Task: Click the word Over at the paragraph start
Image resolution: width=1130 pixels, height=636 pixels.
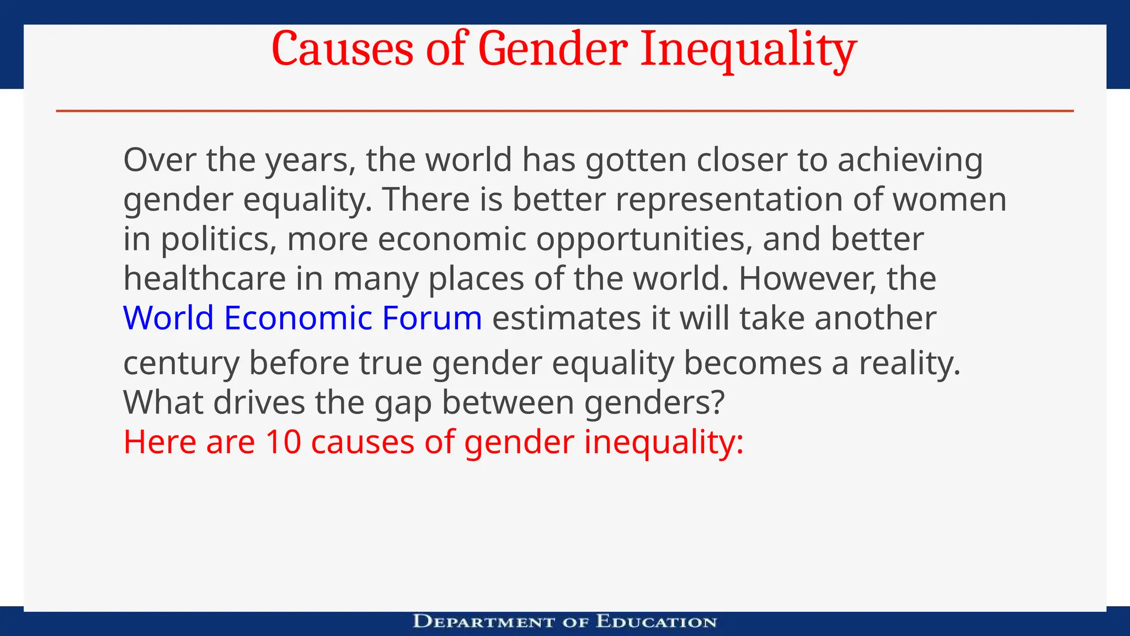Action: pos(159,160)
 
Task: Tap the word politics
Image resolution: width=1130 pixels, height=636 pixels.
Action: pos(218,240)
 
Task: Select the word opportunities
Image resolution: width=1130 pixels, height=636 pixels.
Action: pos(644,240)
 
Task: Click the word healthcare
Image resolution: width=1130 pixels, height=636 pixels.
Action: pos(204,279)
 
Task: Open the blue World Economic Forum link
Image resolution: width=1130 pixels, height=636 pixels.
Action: pos(302,319)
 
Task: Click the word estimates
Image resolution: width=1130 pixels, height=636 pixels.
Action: pos(566,319)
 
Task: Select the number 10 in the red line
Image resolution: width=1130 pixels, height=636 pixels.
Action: pos(283,442)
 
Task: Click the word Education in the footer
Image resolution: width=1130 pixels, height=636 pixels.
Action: pos(656,622)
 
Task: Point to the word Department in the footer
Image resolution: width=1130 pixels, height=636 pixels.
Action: pos(484,622)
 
